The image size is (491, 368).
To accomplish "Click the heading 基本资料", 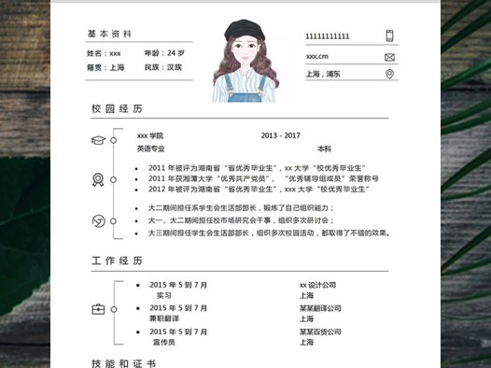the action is [110, 34].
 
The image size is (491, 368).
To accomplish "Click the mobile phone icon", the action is [389, 36].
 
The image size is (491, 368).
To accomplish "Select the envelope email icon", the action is [389, 55].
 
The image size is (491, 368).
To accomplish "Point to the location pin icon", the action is [389, 73].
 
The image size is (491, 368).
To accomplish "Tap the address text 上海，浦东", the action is [323, 73].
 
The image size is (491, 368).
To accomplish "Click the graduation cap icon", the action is [97, 140].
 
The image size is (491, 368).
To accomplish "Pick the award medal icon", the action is [97, 179].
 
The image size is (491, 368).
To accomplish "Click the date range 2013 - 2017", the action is [281, 135].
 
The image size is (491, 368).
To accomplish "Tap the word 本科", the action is [324, 149].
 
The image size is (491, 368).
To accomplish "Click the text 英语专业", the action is [150, 149].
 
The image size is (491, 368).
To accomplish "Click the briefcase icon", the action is [98, 308].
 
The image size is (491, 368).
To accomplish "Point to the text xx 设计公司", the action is [317, 285].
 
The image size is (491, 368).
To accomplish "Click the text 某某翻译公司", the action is [320, 308].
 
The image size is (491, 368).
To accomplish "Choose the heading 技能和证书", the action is [122, 362].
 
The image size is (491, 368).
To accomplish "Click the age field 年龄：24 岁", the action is [164, 53].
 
